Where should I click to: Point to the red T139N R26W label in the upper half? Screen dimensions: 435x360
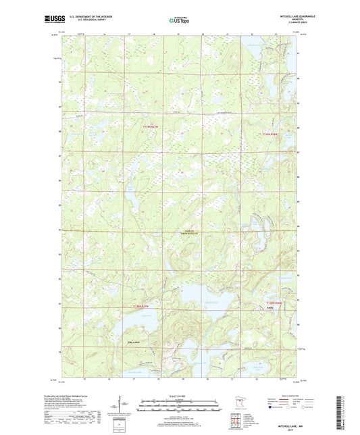pos(269,135)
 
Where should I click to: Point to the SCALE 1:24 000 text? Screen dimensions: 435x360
pos(180,395)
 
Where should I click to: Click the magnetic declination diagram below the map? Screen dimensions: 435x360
pos(120,408)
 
